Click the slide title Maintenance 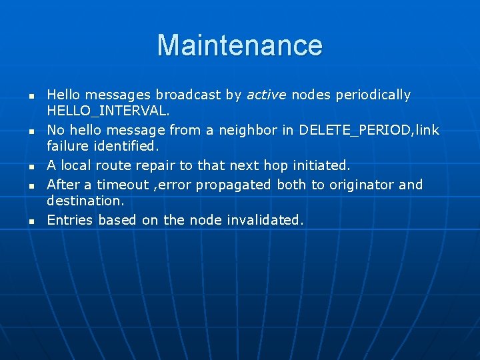[x=240, y=45]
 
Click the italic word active [x=266, y=95]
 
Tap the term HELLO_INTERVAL [x=108, y=111]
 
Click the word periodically [x=373, y=95]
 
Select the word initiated [x=321, y=165]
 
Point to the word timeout [x=123, y=185]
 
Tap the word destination [x=85, y=201]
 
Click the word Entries [x=70, y=220]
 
